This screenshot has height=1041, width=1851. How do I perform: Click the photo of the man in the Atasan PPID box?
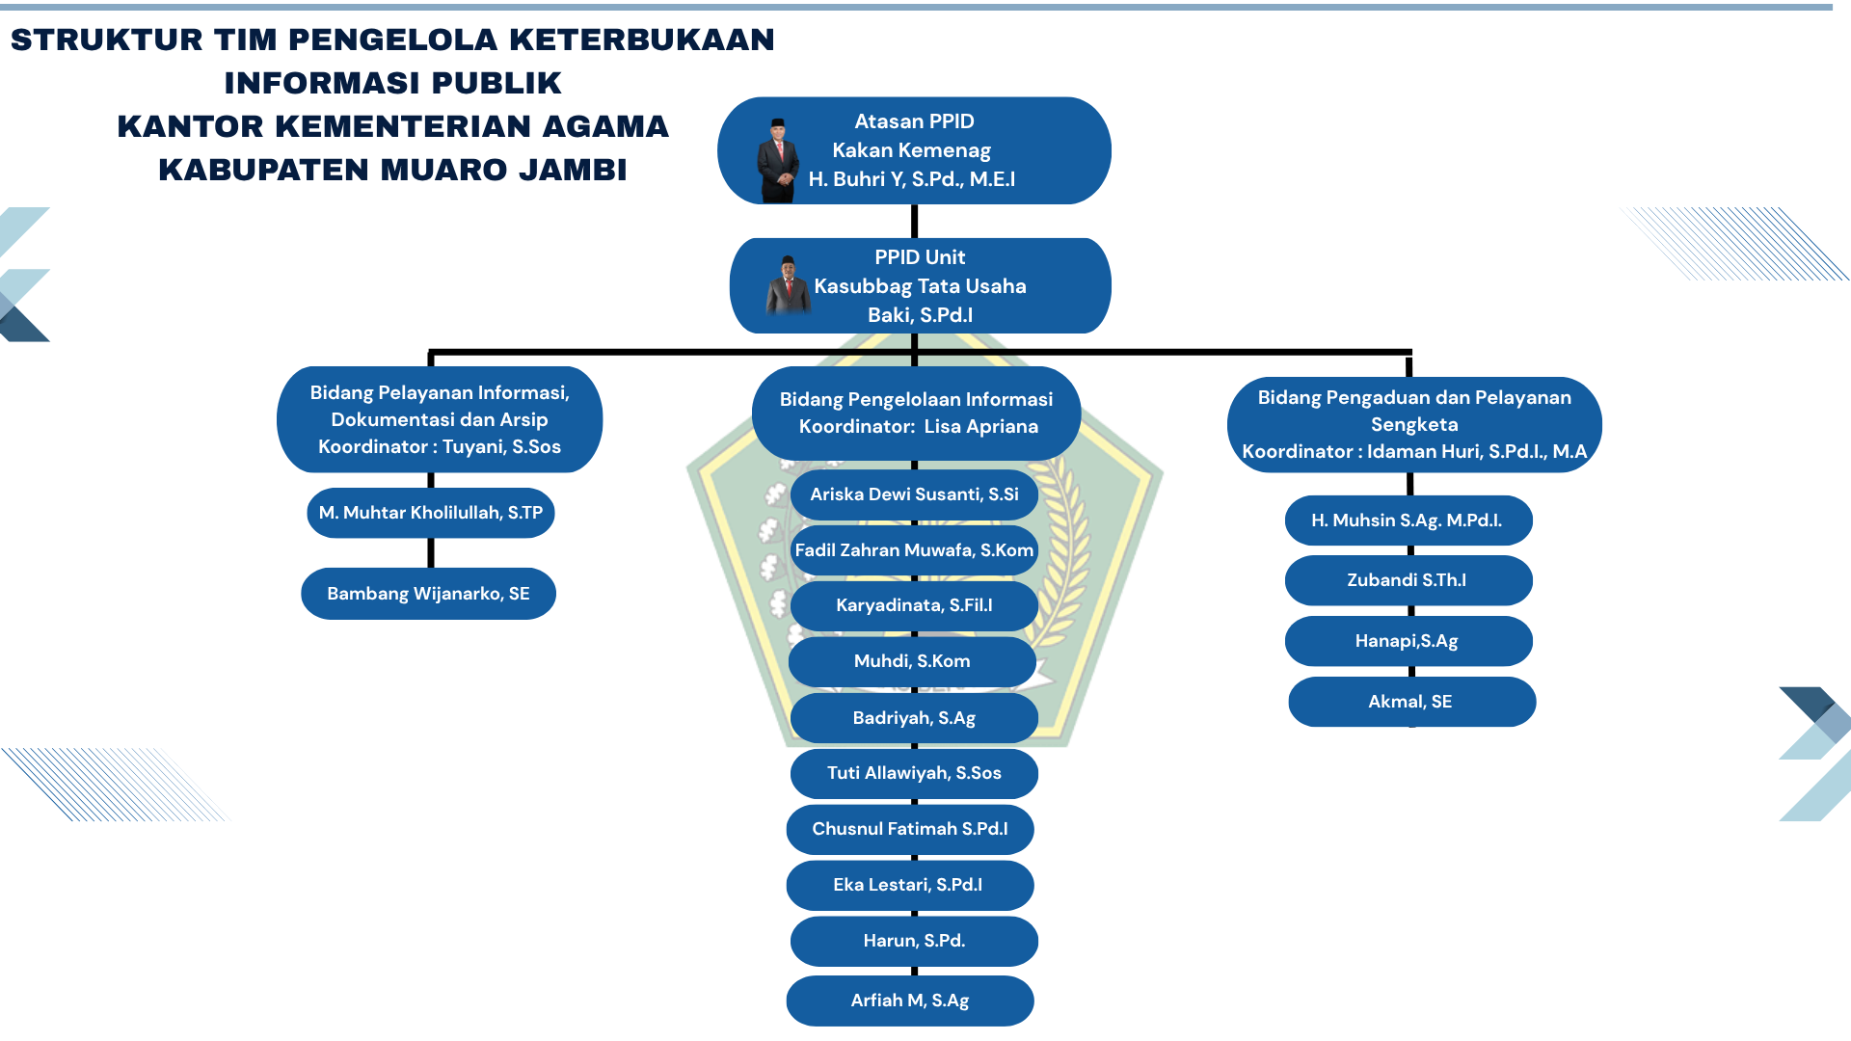(x=777, y=161)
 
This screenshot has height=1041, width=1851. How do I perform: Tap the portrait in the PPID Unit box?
(x=789, y=286)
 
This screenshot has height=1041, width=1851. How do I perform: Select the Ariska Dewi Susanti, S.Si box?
(x=914, y=494)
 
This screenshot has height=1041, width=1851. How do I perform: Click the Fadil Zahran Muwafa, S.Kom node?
(x=914, y=550)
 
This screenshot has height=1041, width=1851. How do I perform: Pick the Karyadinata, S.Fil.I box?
(x=914, y=605)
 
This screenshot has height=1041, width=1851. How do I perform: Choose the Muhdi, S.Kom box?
(x=912, y=661)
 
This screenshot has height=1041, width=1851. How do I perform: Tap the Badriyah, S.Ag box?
(x=914, y=718)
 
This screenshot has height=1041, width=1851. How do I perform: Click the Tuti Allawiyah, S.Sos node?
(x=914, y=773)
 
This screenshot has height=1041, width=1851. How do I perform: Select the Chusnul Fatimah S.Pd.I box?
(x=910, y=829)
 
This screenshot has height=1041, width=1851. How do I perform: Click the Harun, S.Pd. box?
(x=914, y=941)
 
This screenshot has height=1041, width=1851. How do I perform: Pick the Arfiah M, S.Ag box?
(x=910, y=1001)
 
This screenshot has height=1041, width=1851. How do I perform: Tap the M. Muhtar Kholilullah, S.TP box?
(x=431, y=513)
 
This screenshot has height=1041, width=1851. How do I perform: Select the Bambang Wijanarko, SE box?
(x=428, y=594)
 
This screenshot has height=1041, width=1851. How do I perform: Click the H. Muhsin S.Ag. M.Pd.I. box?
(x=1408, y=520)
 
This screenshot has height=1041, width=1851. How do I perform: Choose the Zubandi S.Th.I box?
(x=1408, y=580)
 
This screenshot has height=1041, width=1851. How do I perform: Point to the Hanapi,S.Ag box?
(x=1408, y=641)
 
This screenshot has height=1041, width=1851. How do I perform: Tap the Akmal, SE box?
(x=1411, y=702)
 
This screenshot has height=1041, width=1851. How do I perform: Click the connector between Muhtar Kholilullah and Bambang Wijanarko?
(x=431, y=552)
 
